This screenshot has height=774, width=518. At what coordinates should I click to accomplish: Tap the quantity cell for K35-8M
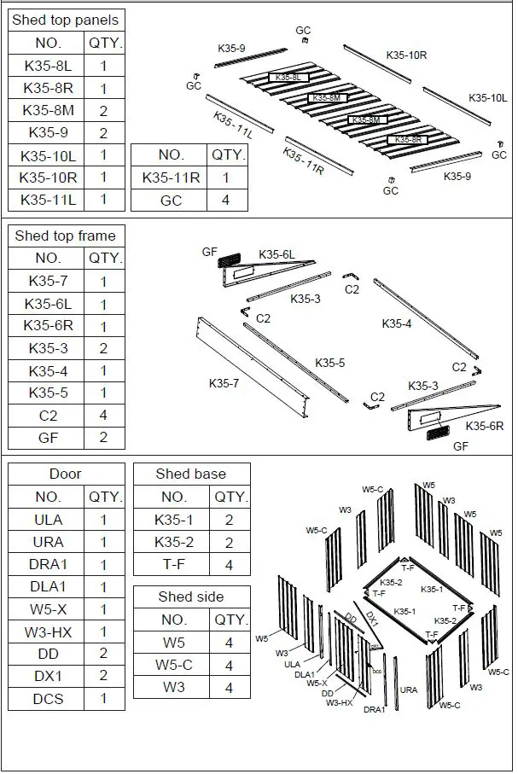point(104,110)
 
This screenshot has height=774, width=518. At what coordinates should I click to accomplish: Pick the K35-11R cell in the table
point(171,177)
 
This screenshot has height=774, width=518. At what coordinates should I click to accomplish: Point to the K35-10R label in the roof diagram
point(406,55)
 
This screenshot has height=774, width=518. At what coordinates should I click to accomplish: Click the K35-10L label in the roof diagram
point(488,98)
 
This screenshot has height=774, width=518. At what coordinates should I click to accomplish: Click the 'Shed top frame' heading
point(65,236)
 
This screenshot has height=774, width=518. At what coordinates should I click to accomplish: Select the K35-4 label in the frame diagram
point(396,323)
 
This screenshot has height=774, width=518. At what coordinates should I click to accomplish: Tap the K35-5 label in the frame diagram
point(329,363)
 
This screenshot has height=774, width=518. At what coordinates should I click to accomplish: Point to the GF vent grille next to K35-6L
point(231,258)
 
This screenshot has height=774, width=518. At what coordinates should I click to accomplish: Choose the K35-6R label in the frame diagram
point(484,425)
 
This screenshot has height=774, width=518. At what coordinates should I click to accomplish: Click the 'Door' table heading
point(66,474)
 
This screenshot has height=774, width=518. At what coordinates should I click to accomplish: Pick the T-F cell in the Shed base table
point(173,564)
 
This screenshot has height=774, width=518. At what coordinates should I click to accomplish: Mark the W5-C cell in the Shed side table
point(173,665)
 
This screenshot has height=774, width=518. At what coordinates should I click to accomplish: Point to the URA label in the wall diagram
point(409,690)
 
